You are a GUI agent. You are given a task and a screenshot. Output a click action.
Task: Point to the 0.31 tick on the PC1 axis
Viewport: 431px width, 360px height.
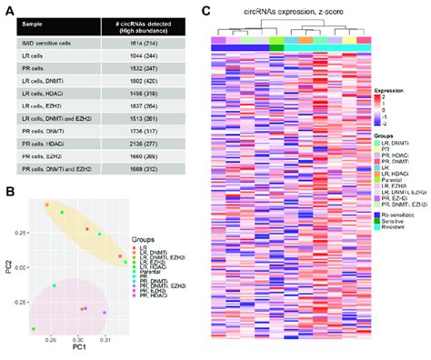pyautogui.click(x=105, y=336)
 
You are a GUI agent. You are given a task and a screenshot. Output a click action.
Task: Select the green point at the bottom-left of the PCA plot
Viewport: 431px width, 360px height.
pyautogui.click(x=34, y=327)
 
